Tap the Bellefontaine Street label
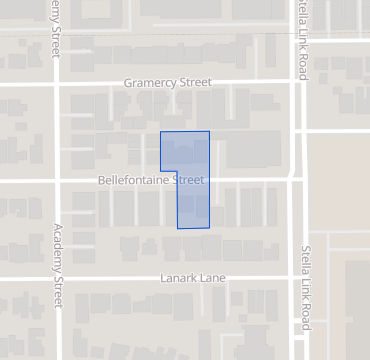click(151, 181)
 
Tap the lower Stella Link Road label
click(306, 287)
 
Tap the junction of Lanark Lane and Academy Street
click(56, 278)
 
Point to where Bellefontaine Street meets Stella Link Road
click(296, 178)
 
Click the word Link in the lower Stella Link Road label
click(306, 290)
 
